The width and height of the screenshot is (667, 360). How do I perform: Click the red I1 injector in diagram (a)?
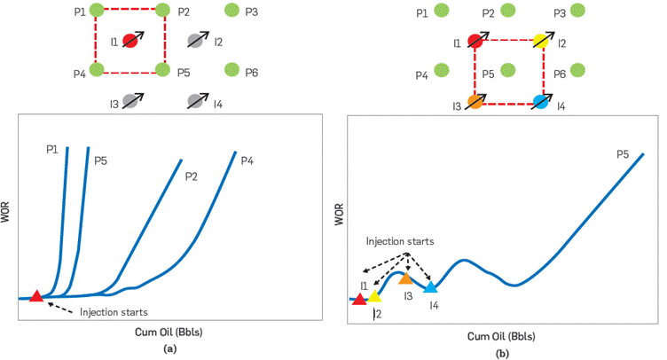(x=129, y=40)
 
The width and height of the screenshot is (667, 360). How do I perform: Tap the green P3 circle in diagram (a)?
(x=232, y=11)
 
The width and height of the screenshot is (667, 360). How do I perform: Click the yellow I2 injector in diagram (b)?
(x=540, y=41)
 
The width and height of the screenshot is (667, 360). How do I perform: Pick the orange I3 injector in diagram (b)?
(x=476, y=102)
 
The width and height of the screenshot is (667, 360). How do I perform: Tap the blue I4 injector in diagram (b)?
(x=540, y=102)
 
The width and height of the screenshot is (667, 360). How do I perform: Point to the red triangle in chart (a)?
(x=36, y=296)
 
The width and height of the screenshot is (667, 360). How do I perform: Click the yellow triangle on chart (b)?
(x=374, y=296)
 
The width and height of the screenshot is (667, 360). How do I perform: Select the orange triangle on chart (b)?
(x=405, y=278)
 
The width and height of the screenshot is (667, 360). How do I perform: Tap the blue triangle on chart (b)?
(x=430, y=287)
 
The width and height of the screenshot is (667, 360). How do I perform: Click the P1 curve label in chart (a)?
(x=54, y=150)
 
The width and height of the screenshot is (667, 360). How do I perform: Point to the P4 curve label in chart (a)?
(x=247, y=160)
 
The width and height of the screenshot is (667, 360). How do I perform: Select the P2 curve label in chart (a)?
(x=192, y=176)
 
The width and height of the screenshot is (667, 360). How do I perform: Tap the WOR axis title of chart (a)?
(x=8, y=217)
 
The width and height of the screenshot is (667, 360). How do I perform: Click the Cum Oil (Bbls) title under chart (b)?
(x=501, y=337)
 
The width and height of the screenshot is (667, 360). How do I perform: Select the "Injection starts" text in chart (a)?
(x=114, y=312)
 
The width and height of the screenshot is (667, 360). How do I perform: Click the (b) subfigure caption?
(x=502, y=353)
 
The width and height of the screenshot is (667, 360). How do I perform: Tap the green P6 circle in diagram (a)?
(x=232, y=69)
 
